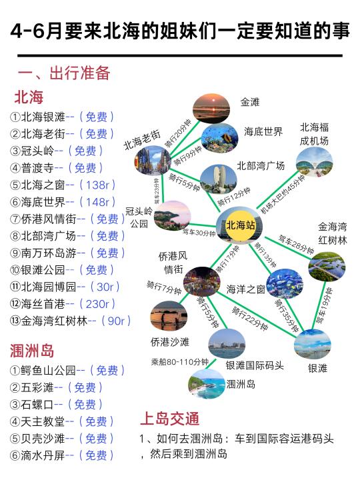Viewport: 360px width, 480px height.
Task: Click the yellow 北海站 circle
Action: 241,225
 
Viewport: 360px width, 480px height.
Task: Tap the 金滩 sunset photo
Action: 211,109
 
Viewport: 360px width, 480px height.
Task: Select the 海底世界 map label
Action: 263,132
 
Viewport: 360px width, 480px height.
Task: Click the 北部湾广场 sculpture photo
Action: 219,179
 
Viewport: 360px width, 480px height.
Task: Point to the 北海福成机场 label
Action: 314,134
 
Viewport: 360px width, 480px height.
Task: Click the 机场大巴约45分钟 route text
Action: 283,194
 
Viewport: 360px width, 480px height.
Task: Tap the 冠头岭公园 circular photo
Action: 173,215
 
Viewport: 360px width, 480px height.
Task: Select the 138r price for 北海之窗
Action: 97,185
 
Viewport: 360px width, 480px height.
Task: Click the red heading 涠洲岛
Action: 32,351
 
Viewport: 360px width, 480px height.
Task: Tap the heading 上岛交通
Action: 170,419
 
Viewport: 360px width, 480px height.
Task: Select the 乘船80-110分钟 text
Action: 180,362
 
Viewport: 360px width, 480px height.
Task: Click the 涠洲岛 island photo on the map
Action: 206,384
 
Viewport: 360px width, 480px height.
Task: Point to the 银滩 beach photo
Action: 313,345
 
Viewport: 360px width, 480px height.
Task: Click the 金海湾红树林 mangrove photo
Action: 327,266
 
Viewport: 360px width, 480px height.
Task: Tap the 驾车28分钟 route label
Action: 296,244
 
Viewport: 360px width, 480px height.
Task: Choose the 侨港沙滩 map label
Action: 170,342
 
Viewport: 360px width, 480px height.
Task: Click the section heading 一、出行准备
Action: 64,73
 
